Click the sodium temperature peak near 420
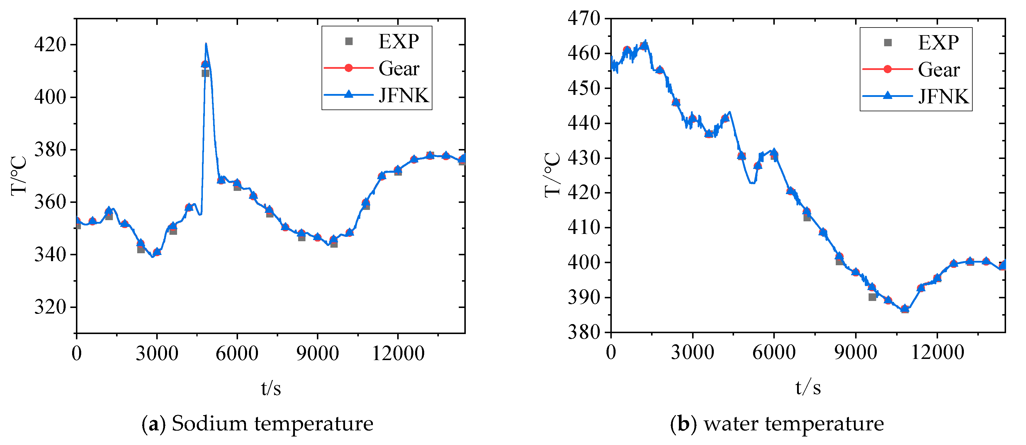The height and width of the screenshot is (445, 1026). (205, 44)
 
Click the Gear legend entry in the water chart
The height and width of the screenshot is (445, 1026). (938, 70)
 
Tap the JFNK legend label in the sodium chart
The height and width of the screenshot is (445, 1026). (403, 95)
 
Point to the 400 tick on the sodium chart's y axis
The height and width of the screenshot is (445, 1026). (50, 97)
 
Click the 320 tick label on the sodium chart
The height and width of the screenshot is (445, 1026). (50, 307)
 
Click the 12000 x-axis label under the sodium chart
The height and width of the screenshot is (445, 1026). (398, 353)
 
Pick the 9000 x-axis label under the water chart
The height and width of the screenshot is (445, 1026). (855, 352)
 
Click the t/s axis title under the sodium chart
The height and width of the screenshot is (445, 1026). (271, 388)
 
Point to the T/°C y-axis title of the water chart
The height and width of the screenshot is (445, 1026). (553, 175)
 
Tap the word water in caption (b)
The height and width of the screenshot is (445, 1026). (731, 424)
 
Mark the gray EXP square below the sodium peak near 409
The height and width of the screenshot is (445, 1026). (205, 73)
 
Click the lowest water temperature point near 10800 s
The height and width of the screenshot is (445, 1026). (905, 309)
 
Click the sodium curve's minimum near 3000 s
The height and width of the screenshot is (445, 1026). (152, 257)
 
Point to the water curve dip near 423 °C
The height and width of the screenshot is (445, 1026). (752, 183)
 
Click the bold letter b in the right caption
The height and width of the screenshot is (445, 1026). (684, 424)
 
